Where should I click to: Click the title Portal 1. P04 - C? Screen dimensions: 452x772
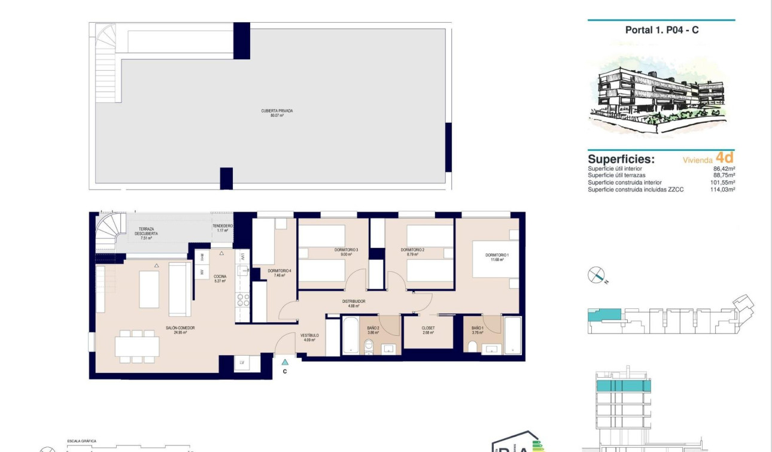pos(661,30)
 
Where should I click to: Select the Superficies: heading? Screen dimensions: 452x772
pos(621,159)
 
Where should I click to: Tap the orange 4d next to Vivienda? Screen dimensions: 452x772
pos(725,157)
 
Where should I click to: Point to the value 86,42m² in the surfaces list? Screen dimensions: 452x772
pos(724,169)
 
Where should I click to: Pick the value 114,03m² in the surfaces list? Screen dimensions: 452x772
pos(724,189)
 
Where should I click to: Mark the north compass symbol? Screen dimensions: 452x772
pos(596,275)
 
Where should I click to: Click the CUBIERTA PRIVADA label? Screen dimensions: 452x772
pos(276,113)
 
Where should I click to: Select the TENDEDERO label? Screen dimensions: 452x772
pos(223,227)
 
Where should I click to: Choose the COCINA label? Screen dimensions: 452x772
pos(220,278)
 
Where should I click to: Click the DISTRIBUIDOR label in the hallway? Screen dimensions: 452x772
pos(353,304)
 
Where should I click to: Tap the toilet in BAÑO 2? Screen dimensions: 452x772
pos(369,346)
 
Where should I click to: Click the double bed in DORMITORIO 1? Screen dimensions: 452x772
pos(496,259)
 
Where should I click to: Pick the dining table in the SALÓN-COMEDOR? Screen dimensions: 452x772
pos(138,347)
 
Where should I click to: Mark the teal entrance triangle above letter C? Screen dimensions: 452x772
pos(285,362)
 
